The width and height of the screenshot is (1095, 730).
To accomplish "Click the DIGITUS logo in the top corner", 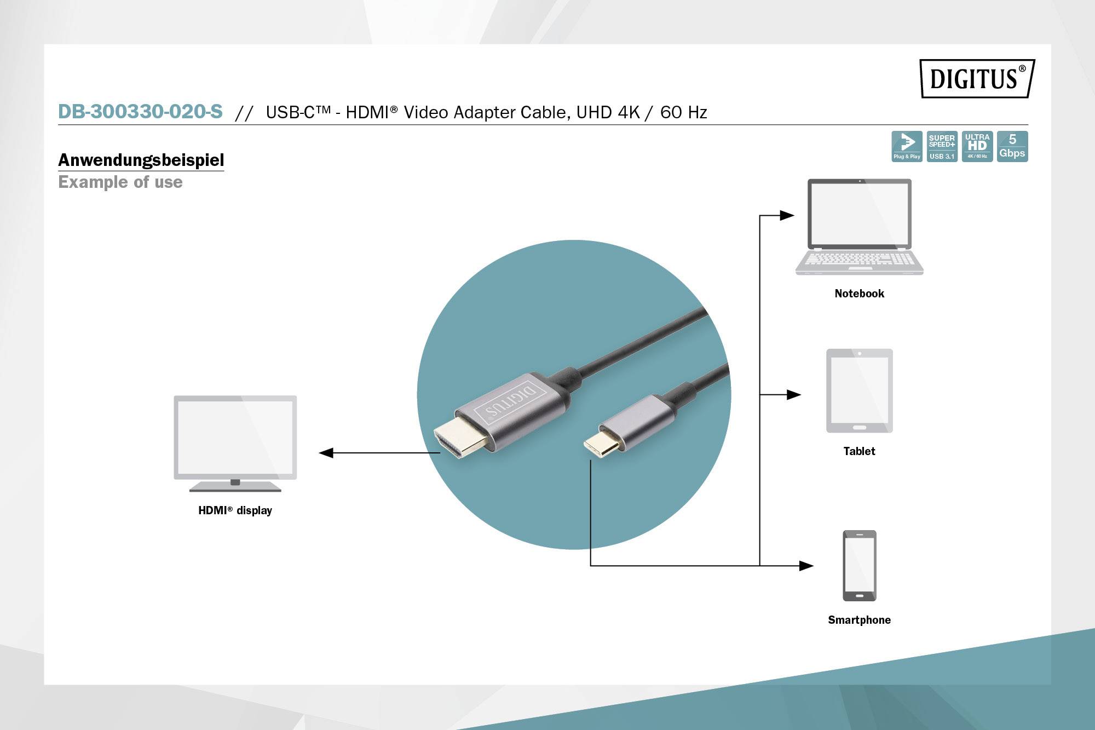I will (977, 78).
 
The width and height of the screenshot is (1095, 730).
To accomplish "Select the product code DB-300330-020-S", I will (140, 112).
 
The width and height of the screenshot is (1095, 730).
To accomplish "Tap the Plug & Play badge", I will (907, 146).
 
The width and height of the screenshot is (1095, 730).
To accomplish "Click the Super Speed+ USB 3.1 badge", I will (942, 146).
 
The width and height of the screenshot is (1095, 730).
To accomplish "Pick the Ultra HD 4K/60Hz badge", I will (977, 146).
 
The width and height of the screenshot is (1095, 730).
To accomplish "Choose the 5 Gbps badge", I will (1012, 146).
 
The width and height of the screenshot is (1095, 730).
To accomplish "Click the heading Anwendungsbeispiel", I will (141, 160).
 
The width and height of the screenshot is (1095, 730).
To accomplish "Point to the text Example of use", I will (120, 182).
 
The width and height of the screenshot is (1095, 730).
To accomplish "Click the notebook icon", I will (859, 226).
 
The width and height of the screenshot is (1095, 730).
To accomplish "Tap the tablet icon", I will (859, 390).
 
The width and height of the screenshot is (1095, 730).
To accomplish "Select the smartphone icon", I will (859, 565).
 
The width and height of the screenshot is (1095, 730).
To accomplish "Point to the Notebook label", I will (859, 294).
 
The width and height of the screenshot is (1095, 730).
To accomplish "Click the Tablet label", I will (859, 451).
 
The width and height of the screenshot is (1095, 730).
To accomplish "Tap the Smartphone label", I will (859, 620).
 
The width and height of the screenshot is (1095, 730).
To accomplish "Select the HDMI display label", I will (235, 510).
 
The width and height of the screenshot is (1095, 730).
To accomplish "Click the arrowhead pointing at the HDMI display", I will (326, 453).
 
